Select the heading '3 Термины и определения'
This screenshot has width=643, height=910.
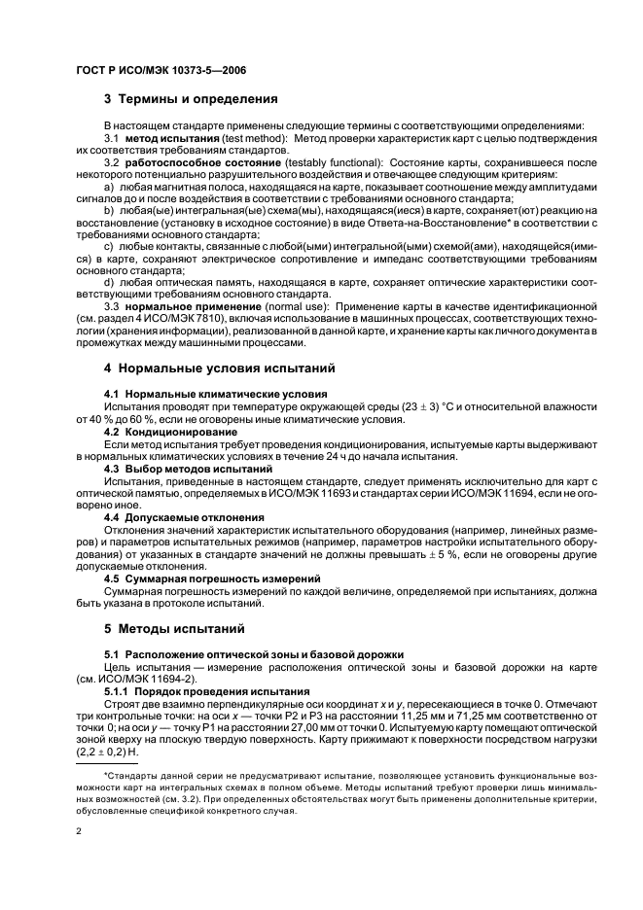click(190, 98)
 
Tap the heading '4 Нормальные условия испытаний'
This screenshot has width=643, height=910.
click(220, 368)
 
